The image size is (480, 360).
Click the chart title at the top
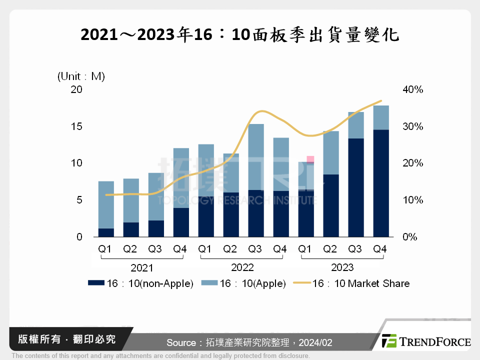[x=240, y=34]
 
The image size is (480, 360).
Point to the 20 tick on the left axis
[x=76, y=89]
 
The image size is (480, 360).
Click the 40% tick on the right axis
[x=412, y=89]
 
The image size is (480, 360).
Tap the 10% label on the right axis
[x=412, y=200]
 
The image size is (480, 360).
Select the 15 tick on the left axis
[x=76, y=126]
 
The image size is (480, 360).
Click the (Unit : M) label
[x=81, y=76]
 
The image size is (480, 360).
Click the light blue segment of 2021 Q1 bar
[x=106, y=204]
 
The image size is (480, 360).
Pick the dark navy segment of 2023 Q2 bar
[x=330, y=205]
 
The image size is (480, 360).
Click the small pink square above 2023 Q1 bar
[x=310, y=159]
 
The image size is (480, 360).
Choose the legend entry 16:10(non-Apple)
[x=140, y=283]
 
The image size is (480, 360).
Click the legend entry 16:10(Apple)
[x=243, y=283]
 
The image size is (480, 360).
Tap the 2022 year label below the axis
[x=242, y=267]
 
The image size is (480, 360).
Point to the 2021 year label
[x=142, y=267]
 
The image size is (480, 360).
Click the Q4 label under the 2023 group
[x=380, y=248]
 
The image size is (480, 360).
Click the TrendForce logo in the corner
[x=425, y=341]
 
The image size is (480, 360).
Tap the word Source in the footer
[x=181, y=342]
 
